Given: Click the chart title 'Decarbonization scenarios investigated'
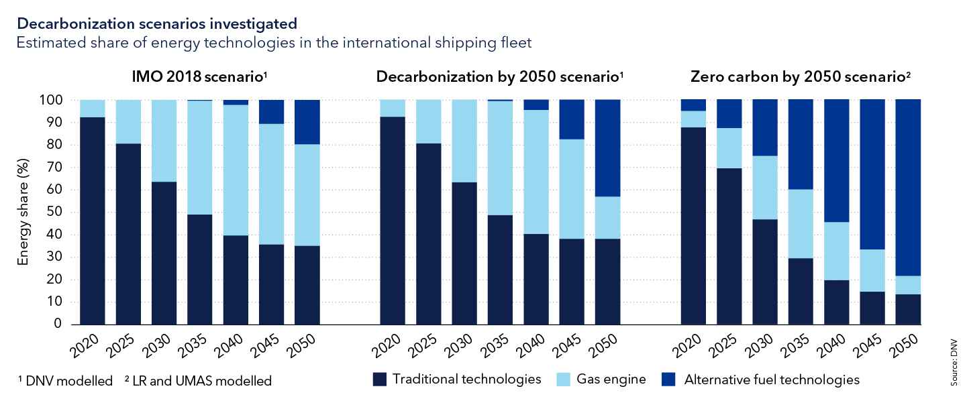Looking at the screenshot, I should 157,23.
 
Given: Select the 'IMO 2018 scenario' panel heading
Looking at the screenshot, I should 198,76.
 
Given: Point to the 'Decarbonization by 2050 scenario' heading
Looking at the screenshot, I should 500,76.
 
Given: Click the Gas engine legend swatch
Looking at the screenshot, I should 566,380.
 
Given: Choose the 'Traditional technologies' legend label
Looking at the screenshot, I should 466,380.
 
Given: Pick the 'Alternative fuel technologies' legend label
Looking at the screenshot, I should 772,380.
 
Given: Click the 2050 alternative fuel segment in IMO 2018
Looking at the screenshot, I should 307,122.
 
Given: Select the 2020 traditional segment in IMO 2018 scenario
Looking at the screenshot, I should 93,221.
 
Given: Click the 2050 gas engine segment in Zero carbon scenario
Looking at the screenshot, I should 908,285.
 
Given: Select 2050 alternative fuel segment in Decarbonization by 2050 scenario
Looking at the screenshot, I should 607,148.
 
